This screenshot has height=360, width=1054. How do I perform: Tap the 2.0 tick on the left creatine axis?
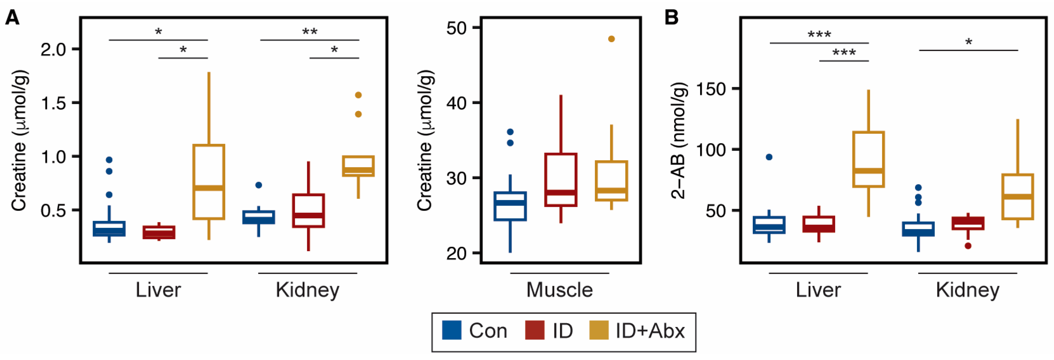(x=53, y=49)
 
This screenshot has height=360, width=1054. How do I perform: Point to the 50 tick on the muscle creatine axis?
(x=457, y=28)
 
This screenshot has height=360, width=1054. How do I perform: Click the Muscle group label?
(x=559, y=290)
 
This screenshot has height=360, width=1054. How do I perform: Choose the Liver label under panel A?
(x=158, y=290)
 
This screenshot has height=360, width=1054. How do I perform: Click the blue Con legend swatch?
(x=452, y=330)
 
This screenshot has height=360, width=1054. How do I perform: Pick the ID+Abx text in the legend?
(x=650, y=331)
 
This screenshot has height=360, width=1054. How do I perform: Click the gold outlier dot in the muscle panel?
(x=611, y=39)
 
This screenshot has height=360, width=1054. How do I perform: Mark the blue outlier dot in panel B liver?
(x=769, y=157)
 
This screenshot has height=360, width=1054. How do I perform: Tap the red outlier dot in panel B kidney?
(x=968, y=246)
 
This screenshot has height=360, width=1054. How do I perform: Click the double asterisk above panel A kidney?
(x=310, y=32)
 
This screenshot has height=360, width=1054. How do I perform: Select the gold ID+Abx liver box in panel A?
(x=209, y=182)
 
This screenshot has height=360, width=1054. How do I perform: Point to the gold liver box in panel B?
(x=869, y=159)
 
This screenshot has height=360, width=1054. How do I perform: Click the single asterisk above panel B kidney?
(x=968, y=42)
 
